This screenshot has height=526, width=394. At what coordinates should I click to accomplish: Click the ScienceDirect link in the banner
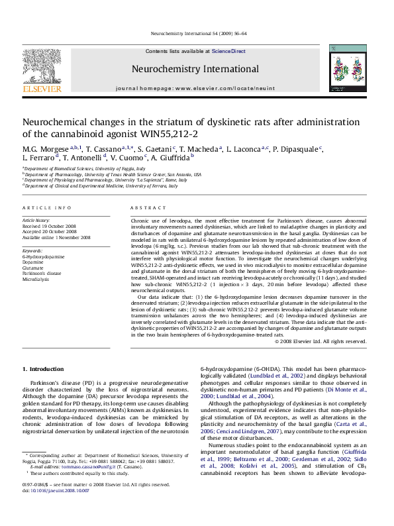(x=228, y=51)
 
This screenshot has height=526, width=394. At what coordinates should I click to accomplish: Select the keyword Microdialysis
(x=38, y=279)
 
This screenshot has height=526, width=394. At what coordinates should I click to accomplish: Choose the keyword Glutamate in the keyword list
(x=34, y=268)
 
